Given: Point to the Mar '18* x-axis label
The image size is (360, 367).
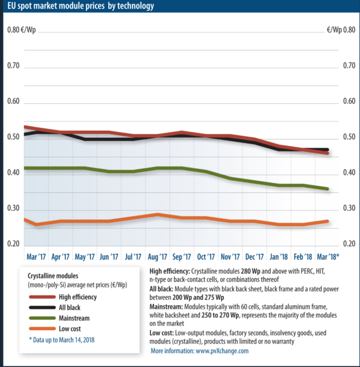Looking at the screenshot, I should [x=328, y=256].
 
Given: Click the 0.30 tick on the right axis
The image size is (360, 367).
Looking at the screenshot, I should [x=348, y=208].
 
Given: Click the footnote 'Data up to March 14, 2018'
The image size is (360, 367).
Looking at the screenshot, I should [x=61, y=341].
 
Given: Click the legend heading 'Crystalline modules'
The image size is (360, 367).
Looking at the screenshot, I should [x=58, y=275].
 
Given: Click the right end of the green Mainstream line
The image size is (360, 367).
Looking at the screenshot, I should [x=328, y=189].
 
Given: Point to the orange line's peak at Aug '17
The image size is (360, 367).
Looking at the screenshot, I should [x=157, y=214].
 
